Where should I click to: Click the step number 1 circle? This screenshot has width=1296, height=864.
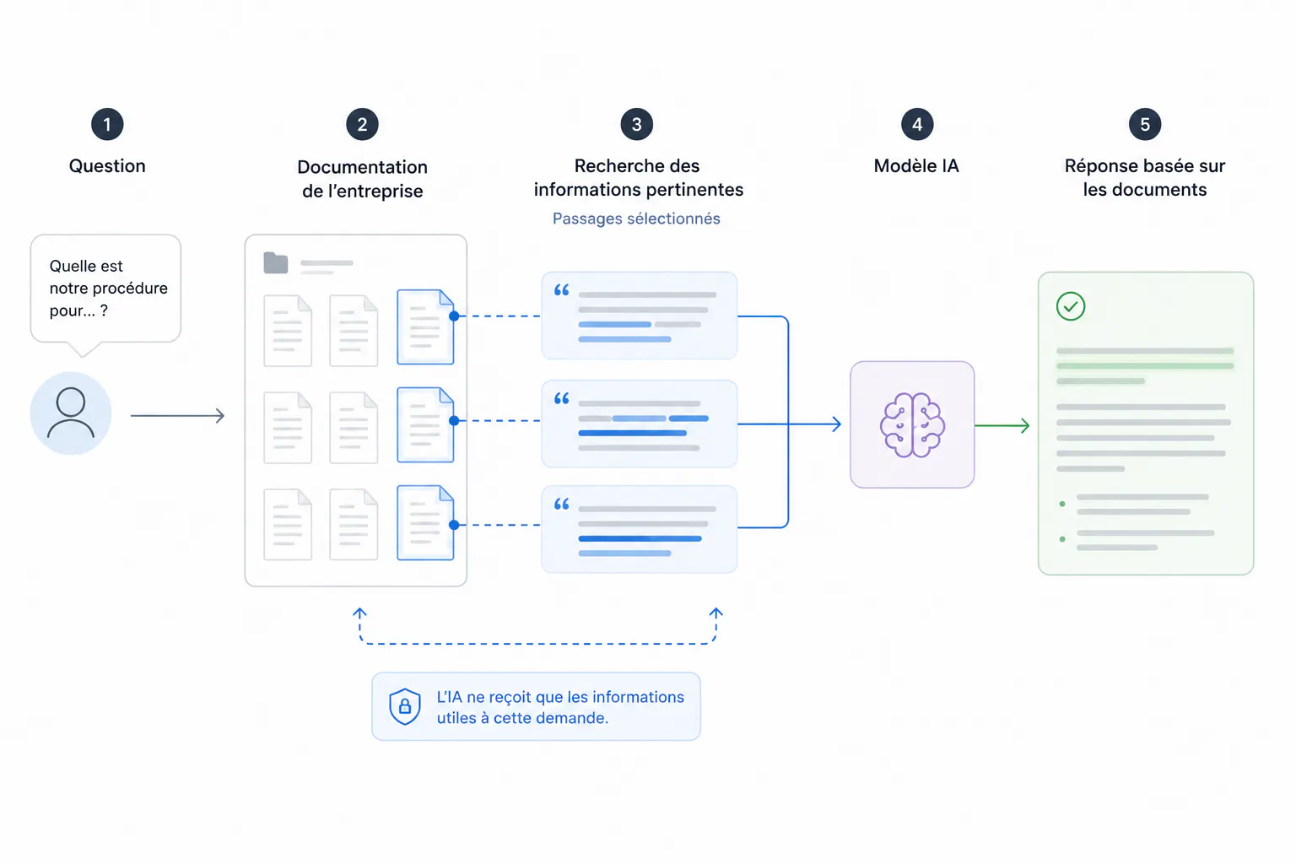click(x=107, y=124)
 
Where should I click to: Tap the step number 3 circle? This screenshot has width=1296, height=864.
click(x=636, y=124)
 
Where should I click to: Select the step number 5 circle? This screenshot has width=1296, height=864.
click(x=1144, y=124)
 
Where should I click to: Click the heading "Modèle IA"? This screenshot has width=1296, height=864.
click(x=915, y=166)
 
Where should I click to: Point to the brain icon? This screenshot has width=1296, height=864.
click(x=912, y=424)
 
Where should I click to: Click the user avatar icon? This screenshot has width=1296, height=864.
click(x=71, y=413)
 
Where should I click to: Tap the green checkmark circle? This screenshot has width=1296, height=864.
click(x=1071, y=306)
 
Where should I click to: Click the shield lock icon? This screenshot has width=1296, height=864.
click(x=404, y=706)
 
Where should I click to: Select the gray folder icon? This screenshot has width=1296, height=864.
click(x=275, y=262)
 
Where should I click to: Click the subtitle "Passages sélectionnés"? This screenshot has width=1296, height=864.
click(x=636, y=219)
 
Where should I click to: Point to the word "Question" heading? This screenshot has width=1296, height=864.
click(x=107, y=166)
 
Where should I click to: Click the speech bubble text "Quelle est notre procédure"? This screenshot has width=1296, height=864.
click(x=108, y=277)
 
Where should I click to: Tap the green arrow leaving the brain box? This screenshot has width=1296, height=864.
click(x=1002, y=425)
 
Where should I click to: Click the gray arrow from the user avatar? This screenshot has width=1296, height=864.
click(x=178, y=415)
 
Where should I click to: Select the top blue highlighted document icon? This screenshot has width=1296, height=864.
click(x=425, y=327)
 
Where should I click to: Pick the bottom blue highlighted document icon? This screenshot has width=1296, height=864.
click(x=425, y=522)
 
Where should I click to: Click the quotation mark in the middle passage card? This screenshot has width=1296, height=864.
click(x=561, y=398)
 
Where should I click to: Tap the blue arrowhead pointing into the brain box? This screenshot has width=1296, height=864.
click(x=837, y=424)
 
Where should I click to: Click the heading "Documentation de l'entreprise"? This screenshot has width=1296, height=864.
click(x=362, y=179)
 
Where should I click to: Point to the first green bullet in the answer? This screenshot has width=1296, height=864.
click(x=1062, y=504)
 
